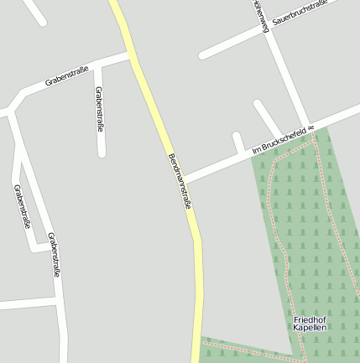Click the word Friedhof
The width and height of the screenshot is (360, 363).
pos(310,320)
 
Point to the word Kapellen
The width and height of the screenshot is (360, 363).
pos(310,329)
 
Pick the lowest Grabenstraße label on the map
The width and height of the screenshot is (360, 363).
pos(54,254)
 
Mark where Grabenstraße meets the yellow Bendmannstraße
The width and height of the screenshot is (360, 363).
pos(130,55)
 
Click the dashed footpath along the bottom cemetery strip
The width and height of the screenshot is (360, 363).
pos(252,351)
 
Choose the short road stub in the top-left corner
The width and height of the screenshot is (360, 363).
pos(34,12)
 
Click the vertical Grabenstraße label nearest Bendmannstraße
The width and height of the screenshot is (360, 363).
pos(99,109)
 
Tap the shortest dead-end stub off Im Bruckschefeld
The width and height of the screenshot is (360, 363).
pos(238,143)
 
